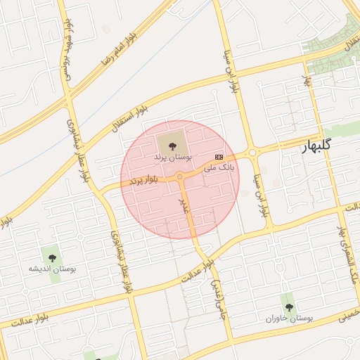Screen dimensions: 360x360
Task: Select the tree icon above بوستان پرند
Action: point(173,144)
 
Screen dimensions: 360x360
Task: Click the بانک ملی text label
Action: point(219,167)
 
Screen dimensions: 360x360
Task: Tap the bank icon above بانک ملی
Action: point(219,156)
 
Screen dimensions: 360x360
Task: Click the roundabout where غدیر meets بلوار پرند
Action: point(181,176)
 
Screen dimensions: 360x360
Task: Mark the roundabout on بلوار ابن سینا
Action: point(251,150)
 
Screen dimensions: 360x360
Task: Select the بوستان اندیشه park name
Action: point(51,269)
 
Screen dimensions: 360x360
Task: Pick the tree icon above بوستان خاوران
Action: point(288,307)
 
